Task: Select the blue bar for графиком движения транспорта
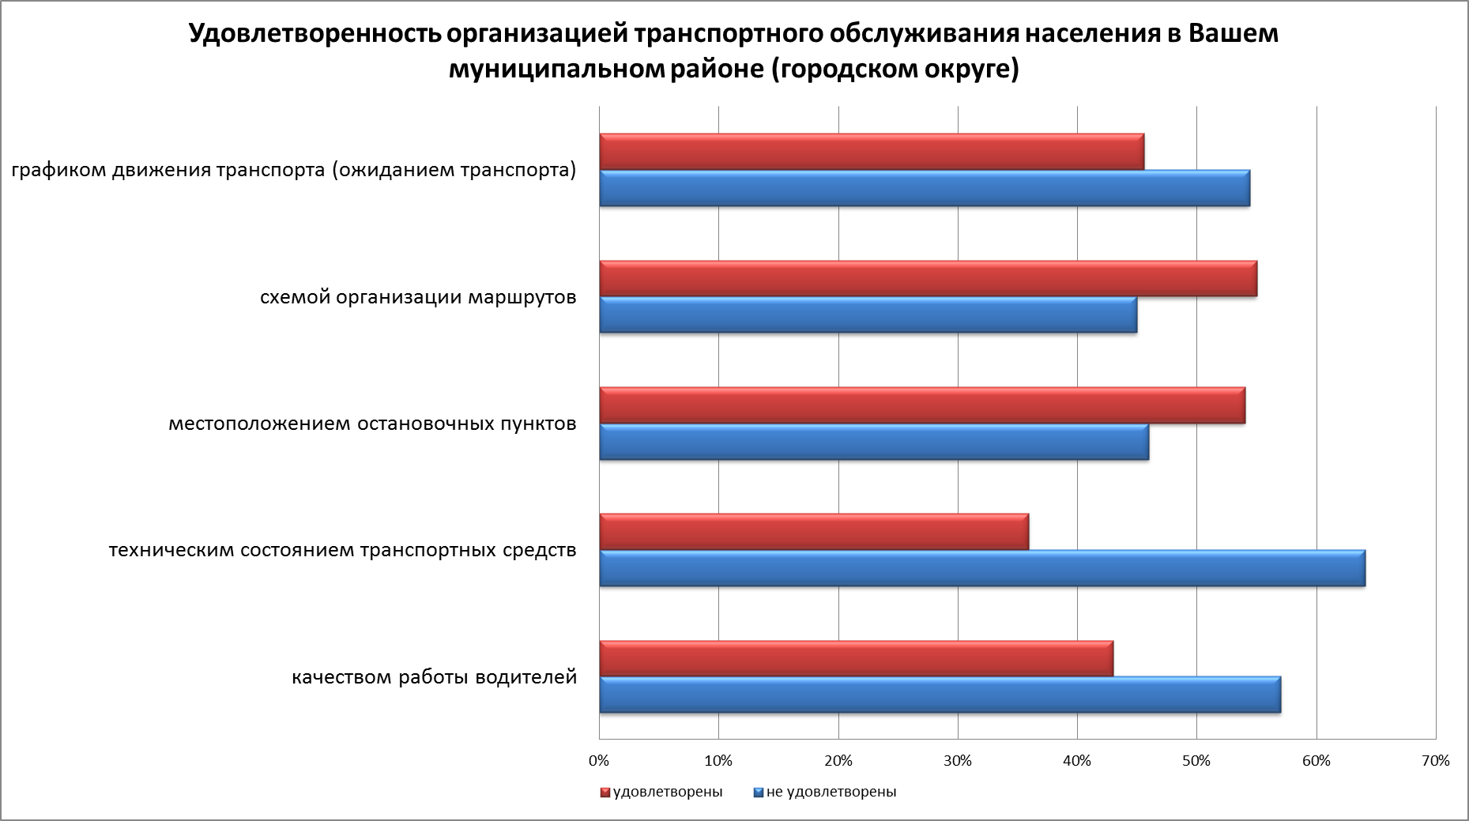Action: point(925,188)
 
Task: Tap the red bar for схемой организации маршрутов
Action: point(928,279)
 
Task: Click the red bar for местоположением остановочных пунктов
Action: point(922,405)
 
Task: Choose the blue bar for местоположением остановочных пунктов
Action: point(874,442)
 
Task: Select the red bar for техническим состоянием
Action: point(814,532)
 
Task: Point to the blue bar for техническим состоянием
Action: point(982,568)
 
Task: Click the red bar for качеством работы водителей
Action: point(857,658)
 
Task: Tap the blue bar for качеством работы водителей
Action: point(940,695)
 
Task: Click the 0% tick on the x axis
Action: point(599,761)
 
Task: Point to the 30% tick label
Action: point(958,761)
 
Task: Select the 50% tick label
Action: point(1196,761)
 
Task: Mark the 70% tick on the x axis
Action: point(1435,761)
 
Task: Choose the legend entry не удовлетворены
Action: point(831,792)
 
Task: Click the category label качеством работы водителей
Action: point(435,677)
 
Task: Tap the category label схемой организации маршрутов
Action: point(418,297)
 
